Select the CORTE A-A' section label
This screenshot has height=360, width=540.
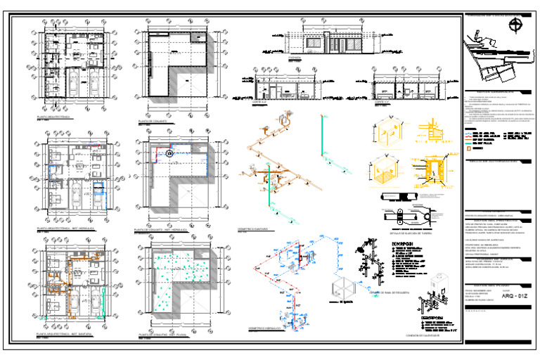pyautogui.click(x=260, y=102)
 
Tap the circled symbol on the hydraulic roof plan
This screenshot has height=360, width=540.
pyautogui.click(x=169, y=153)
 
